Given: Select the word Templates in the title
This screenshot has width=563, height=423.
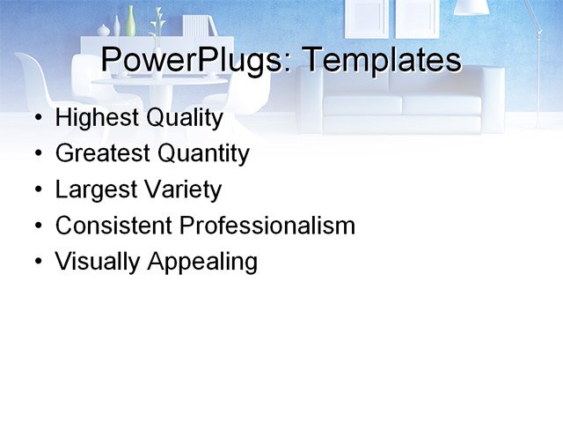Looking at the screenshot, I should coord(381,61).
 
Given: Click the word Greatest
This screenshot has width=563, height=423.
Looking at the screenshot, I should coord(102,153).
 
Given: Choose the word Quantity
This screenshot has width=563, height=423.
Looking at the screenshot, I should coord(203,154).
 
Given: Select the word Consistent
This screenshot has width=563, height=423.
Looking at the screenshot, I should coord(113,226).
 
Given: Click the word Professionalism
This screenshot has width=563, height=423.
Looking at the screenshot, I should coord(267,226).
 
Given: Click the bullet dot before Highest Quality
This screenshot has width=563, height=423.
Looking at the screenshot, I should coord(37,118).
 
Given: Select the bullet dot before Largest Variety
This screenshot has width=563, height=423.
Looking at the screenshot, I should coord(37,190).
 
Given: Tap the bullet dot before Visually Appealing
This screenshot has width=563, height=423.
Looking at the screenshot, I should coord(37,262).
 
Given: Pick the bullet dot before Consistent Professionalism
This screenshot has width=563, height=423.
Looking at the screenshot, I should coord(37,226).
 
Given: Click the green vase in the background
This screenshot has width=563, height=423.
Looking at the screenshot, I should coord(131,19).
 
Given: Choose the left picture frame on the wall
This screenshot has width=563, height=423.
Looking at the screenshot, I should coord(367,17).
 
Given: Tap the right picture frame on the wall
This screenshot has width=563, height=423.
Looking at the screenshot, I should coord(416,17).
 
